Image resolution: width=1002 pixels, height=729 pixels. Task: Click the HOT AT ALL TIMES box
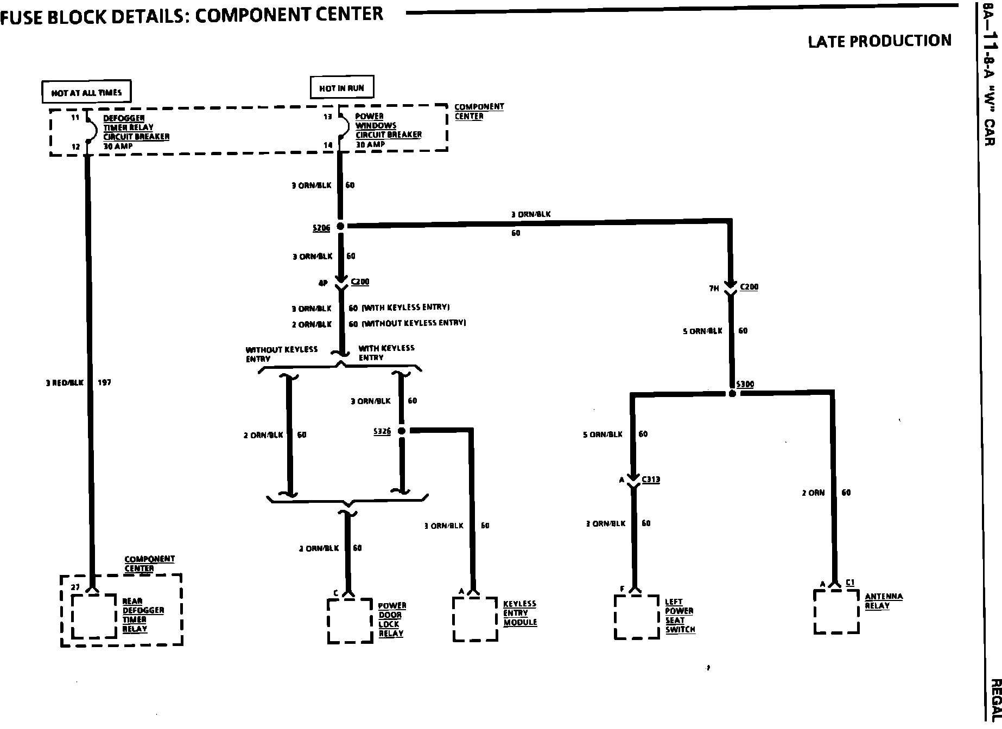(87, 93)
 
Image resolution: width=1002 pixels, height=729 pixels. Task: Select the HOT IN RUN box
(342, 88)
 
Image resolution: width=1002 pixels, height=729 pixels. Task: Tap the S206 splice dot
(341, 226)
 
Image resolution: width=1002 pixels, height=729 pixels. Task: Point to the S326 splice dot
(402, 431)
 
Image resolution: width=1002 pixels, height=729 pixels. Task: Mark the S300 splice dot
(732, 394)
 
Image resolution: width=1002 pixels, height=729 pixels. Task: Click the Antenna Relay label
(884, 601)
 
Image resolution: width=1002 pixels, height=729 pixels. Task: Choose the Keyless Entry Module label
(520, 613)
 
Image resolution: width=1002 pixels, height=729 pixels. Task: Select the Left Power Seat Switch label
(680, 616)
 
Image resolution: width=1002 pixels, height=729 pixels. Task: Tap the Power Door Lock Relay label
(391, 619)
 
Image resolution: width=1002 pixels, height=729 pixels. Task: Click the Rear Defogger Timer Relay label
(143, 615)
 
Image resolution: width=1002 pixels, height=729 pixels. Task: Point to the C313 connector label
(651, 479)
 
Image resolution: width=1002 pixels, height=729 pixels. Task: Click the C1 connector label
(850, 583)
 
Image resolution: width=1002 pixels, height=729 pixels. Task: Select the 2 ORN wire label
(813, 493)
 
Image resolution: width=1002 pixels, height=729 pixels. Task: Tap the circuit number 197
(104, 383)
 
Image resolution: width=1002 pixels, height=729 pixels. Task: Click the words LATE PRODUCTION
(879, 41)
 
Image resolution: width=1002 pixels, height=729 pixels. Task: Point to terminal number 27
(75, 587)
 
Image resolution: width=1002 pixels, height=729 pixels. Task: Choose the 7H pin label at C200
(714, 289)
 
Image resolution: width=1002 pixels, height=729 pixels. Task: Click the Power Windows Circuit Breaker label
(388, 130)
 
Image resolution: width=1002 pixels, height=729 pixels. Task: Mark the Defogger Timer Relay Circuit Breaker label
(136, 132)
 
